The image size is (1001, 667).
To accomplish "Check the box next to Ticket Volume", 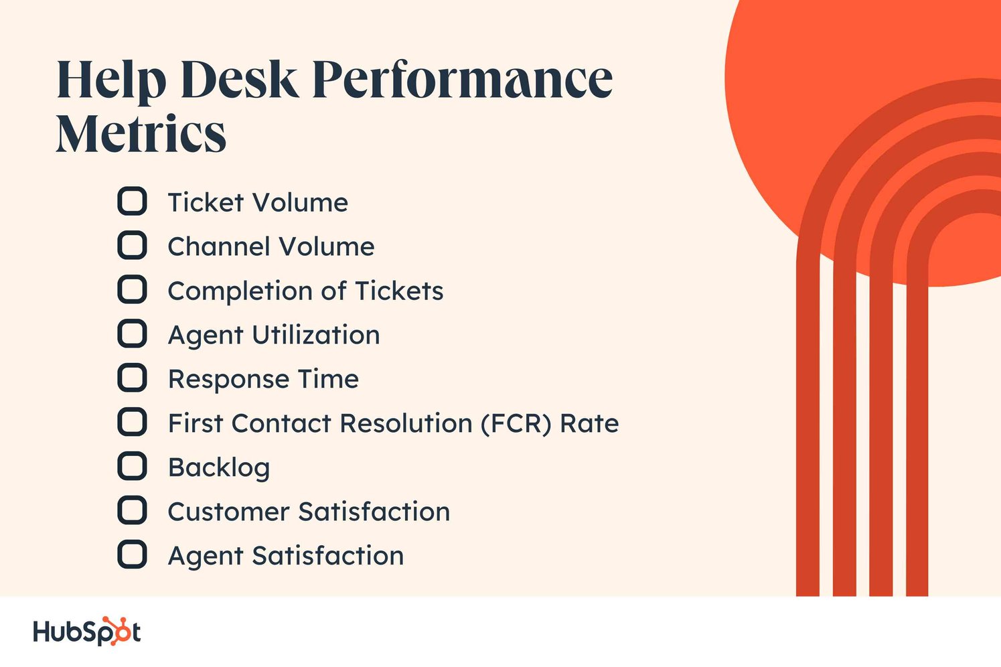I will [x=132, y=202].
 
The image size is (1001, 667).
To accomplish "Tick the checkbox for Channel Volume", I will [x=132, y=246].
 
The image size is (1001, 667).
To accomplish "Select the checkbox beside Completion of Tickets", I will [x=132, y=290].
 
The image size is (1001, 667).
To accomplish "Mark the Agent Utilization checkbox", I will [x=132, y=334].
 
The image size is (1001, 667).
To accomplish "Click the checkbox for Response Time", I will [x=132, y=378].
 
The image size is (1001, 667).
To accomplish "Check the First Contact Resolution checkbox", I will [x=132, y=423].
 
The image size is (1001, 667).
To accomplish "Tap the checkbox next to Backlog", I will [x=132, y=467].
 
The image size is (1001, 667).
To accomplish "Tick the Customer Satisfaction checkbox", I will [x=132, y=511].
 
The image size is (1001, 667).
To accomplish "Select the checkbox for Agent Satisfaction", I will [x=132, y=555].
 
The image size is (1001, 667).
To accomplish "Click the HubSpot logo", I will [x=86, y=632].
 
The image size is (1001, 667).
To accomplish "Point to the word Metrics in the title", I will [x=141, y=134].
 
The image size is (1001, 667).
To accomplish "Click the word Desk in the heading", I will [x=238, y=80].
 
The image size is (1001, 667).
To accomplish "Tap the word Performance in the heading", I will [x=462, y=80].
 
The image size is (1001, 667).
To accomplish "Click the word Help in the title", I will [x=111, y=80].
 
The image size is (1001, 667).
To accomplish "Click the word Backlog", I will [x=219, y=467].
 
